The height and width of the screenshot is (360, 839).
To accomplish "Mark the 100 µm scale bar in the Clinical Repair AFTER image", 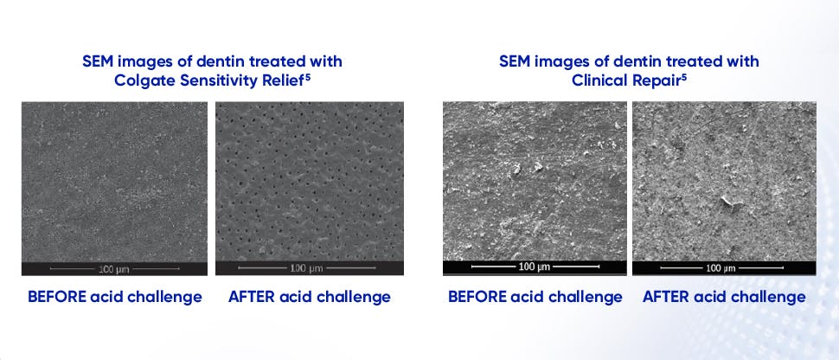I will (x=725, y=267).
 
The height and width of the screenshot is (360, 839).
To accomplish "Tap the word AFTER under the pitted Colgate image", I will (x=250, y=297).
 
